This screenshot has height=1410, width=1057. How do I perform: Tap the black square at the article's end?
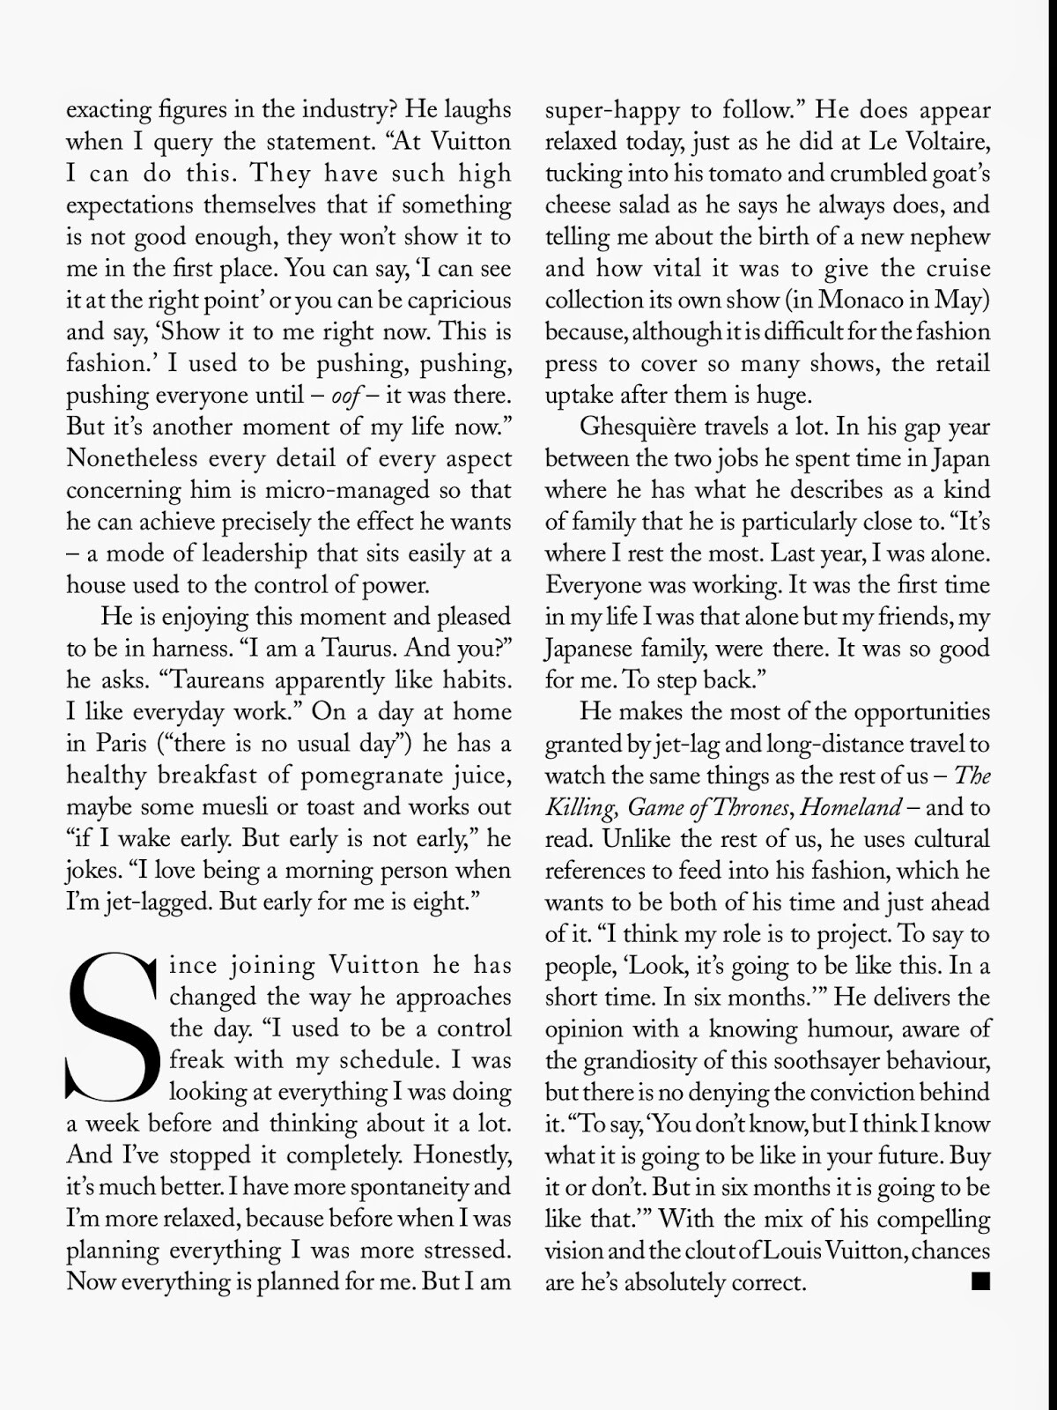pos(980,1280)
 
